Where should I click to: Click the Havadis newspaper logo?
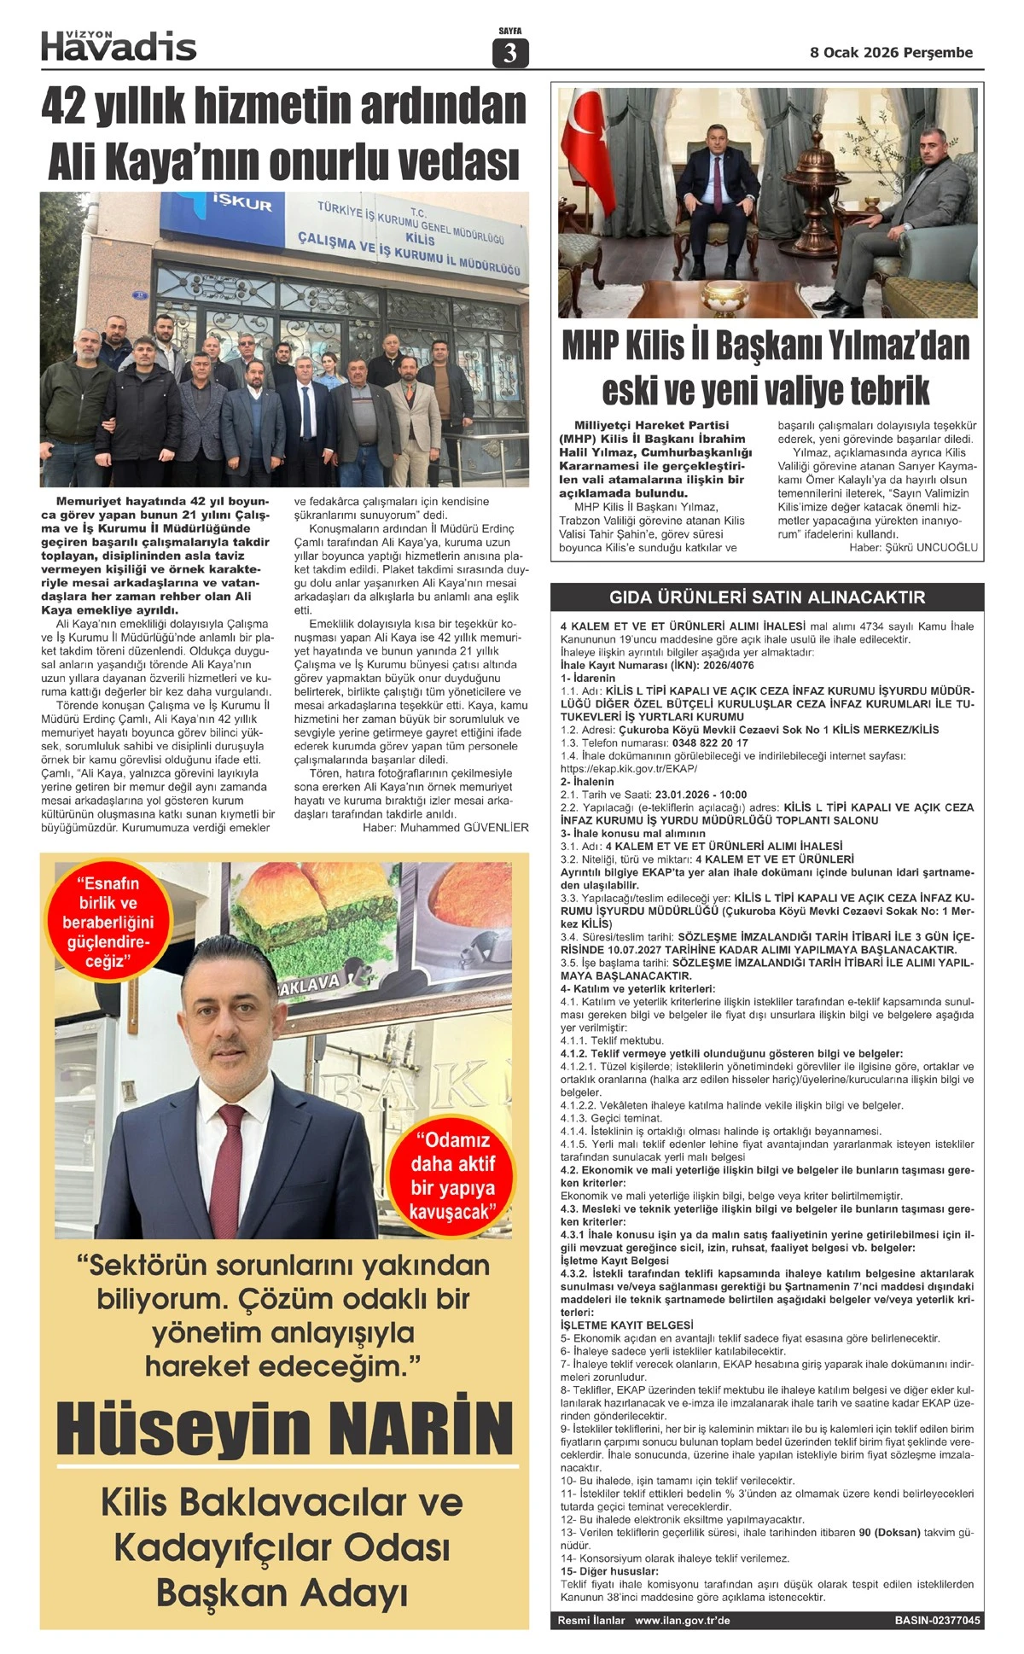[x=119, y=46]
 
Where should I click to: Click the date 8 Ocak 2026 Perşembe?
[x=891, y=52]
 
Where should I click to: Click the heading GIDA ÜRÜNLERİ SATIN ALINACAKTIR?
[x=766, y=597]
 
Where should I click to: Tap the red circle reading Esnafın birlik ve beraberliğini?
[x=108, y=923]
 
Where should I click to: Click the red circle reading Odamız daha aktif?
[x=452, y=1175]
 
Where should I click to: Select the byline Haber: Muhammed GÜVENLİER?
[x=445, y=827]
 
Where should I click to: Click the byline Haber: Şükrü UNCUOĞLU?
[x=913, y=547]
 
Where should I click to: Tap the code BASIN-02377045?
[x=937, y=1620]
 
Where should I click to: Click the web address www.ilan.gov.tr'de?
[x=682, y=1620]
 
